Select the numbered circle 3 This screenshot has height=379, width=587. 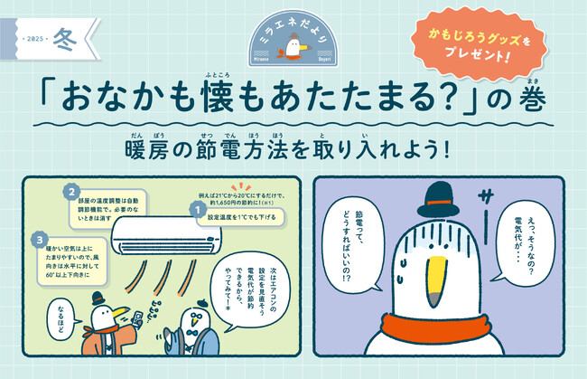point(41,239)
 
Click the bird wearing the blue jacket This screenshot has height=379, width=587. point(194,344)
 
